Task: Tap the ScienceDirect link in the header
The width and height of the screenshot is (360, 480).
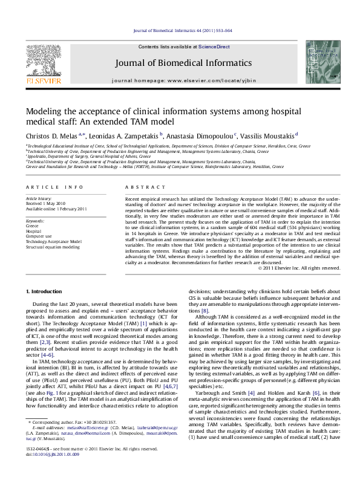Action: [215, 47]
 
